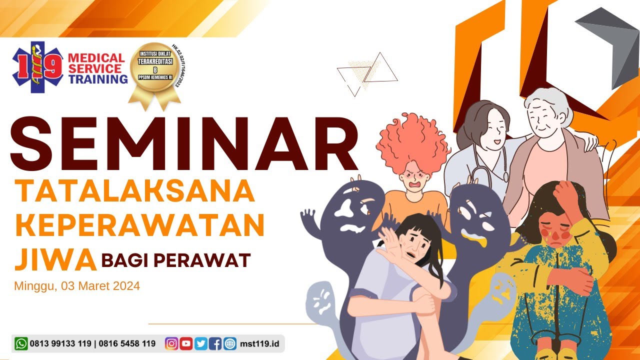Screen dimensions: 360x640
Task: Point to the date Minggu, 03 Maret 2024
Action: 77,286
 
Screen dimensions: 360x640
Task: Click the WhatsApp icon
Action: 21,343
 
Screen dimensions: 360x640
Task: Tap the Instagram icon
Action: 171,343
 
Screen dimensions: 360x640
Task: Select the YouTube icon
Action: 186,343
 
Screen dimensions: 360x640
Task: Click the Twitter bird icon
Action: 201,343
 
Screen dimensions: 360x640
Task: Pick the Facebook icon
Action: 215,343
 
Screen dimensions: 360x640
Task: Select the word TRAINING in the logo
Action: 98,79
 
